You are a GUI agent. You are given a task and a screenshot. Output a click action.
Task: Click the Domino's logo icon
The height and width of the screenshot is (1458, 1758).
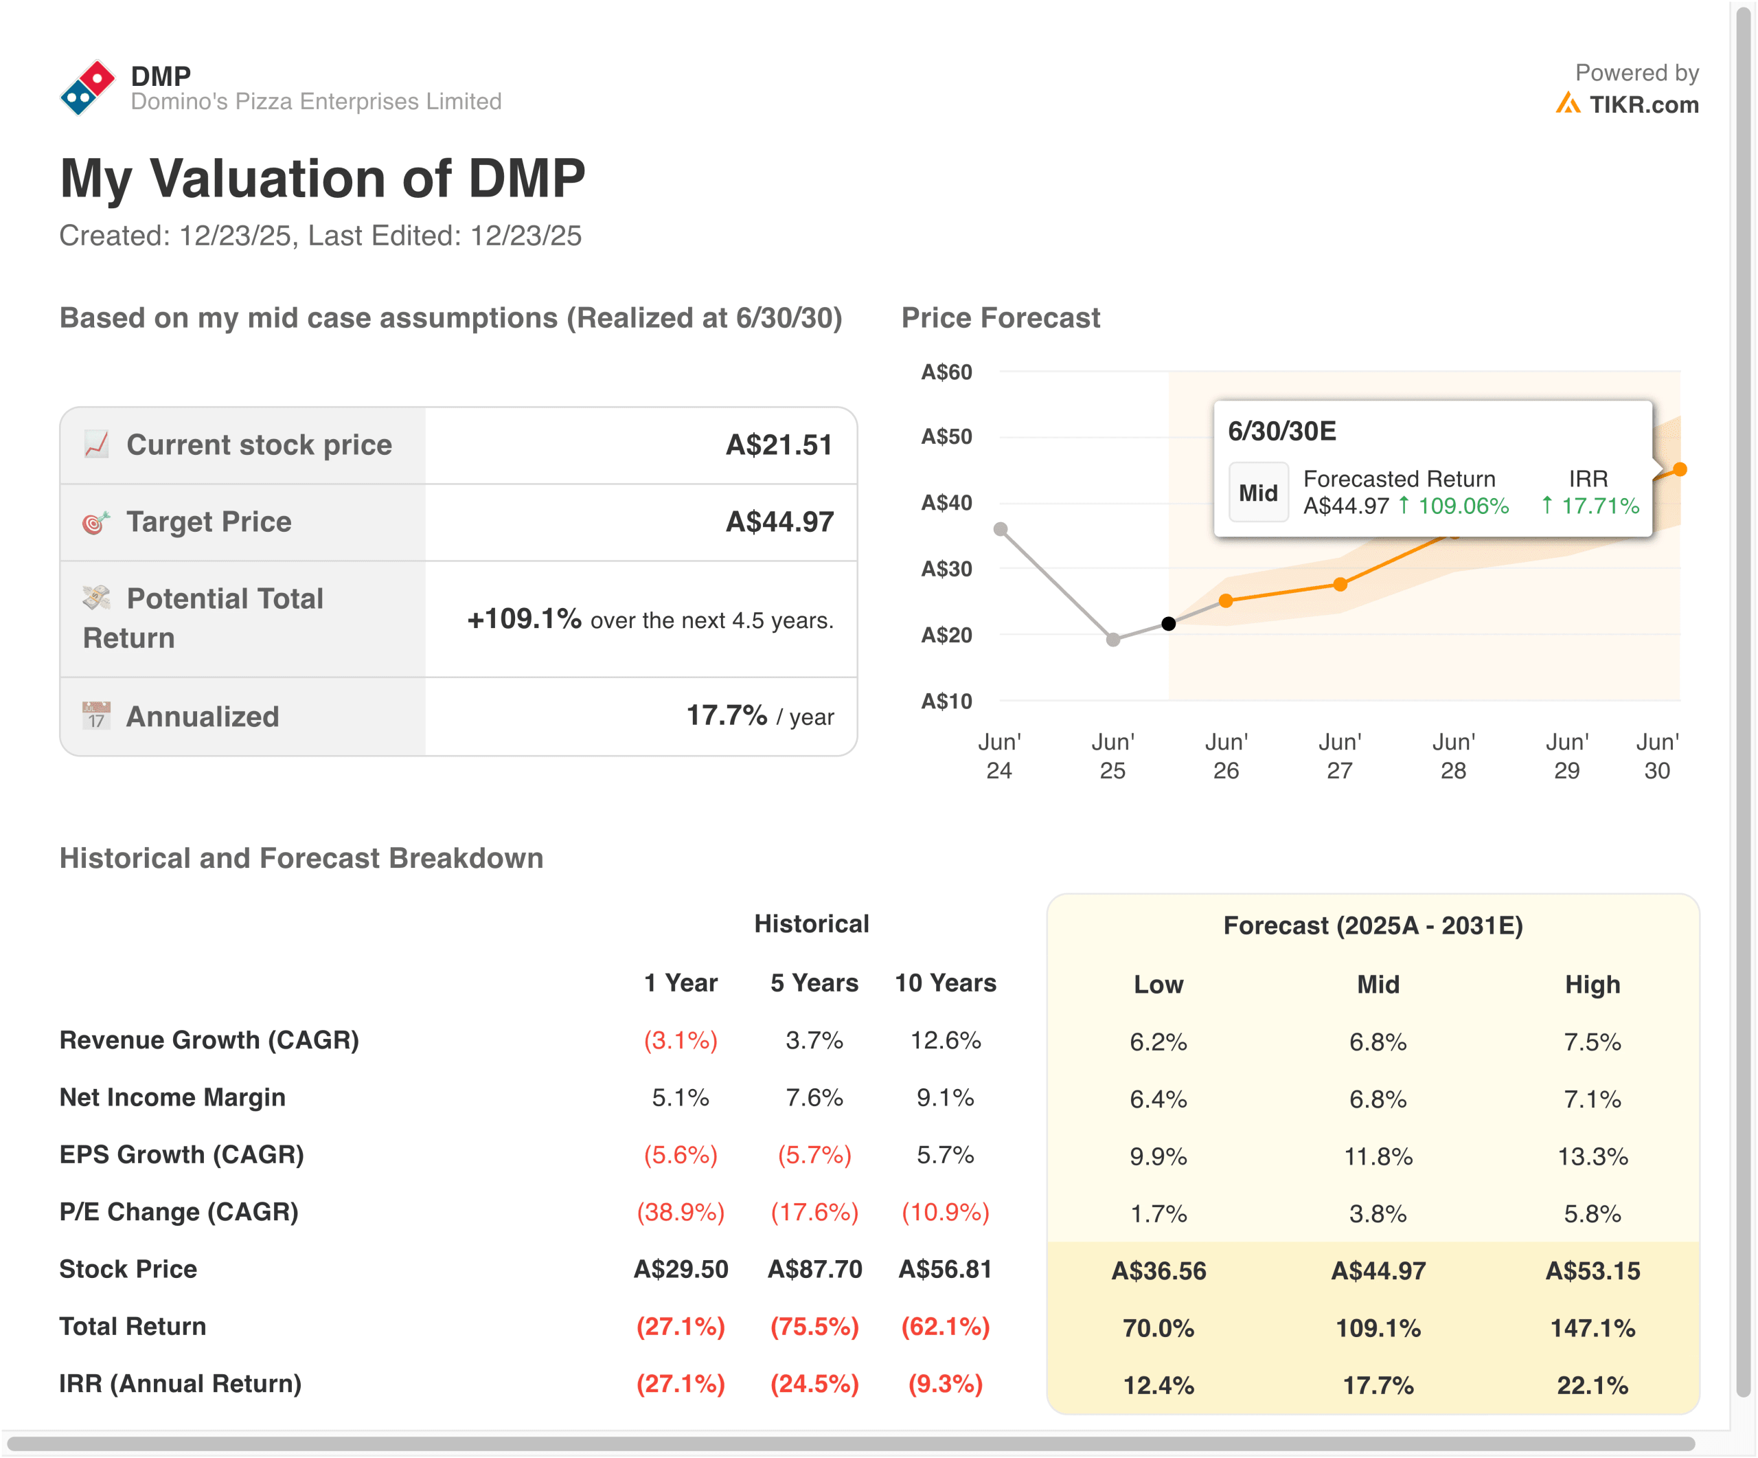[87, 88]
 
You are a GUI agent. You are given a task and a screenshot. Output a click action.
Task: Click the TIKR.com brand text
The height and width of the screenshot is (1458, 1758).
[1643, 104]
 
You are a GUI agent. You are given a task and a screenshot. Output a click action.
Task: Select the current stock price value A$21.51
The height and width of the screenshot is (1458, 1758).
[779, 445]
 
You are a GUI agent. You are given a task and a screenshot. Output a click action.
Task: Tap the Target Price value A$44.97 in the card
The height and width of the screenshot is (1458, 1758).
[779, 521]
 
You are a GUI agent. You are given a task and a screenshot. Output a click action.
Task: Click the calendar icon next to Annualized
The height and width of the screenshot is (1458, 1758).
[96, 716]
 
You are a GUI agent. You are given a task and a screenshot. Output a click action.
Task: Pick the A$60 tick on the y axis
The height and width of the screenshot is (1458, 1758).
[946, 372]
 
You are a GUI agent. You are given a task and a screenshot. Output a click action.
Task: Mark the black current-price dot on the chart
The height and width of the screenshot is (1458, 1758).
[1169, 624]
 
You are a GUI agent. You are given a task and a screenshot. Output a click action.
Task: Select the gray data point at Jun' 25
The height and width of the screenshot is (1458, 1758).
[1112, 640]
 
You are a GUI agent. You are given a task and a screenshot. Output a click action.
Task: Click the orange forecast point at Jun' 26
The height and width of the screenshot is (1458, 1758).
[1226, 601]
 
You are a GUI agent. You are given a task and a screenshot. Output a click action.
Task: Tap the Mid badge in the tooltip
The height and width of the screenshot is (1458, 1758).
[1257, 493]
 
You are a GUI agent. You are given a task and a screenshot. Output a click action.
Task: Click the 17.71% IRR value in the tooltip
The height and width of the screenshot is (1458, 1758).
[1599, 506]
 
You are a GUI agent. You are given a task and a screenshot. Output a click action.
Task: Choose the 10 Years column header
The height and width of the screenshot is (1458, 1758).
[945, 983]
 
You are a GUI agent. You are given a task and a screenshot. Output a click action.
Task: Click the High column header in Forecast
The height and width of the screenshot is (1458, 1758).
[1593, 984]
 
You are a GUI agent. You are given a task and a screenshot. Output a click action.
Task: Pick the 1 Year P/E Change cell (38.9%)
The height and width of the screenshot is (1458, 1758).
[680, 1212]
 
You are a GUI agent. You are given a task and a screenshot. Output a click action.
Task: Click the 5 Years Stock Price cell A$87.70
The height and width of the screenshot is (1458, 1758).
[814, 1269]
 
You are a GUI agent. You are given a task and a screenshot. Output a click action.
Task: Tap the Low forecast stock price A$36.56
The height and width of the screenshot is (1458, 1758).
[1158, 1270]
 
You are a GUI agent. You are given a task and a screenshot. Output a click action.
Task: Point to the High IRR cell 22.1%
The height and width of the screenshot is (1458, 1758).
[1593, 1385]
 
